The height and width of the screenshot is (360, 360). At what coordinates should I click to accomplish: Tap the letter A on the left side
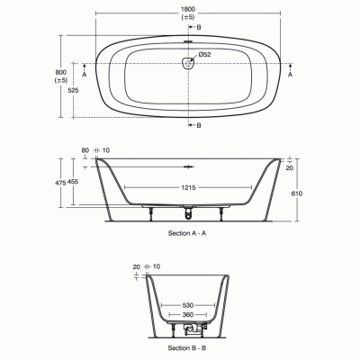tap(85, 76)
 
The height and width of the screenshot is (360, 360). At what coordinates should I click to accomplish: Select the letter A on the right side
tap(290, 76)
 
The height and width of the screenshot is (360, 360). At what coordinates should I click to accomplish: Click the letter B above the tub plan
tap(199, 28)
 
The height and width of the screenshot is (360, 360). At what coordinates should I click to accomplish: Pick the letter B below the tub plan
tap(199, 125)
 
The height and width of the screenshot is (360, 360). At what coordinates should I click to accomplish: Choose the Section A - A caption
tap(188, 233)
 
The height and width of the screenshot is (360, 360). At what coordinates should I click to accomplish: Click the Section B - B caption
tap(188, 346)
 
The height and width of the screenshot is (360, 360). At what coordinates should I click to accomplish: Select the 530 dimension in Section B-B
tap(186, 303)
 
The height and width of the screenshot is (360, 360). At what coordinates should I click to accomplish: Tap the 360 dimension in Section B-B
tap(186, 315)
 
